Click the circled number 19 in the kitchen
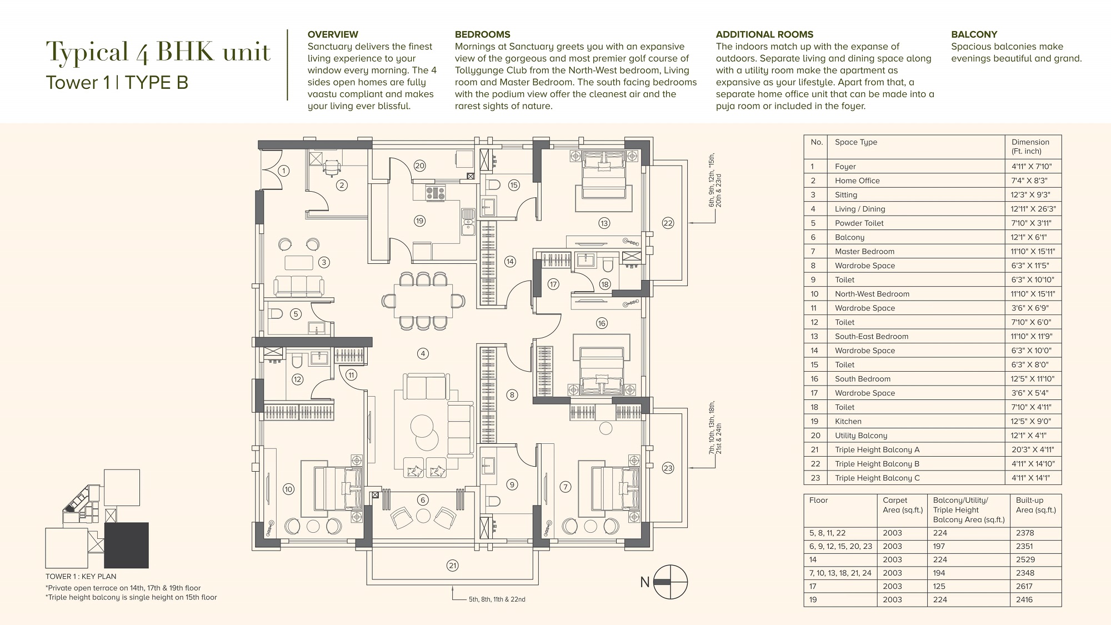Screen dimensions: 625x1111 pyautogui.click(x=419, y=221)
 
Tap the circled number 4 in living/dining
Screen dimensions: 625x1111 pyautogui.click(x=423, y=353)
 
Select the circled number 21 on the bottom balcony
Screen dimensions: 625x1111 pyautogui.click(x=453, y=566)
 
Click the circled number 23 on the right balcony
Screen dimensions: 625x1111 pyautogui.click(x=668, y=468)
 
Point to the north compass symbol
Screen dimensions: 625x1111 pyautogui.click(x=670, y=582)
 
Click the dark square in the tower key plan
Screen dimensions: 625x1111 pyautogui.click(x=126, y=545)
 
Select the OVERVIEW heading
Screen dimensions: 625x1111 pyautogui.click(x=333, y=34)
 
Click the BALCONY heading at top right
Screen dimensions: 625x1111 pyautogui.click(x=974, y=34)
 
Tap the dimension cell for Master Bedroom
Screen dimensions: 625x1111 pyautogui.click(x=1033, y=252)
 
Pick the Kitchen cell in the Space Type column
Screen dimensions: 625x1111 pyautogui.click(x=848, y=422)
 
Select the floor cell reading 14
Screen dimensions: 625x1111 pyautogui.click(x=813, y=559)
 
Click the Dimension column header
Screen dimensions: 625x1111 pyautogui.click(x=1030, y=146)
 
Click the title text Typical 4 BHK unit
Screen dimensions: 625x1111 pyautogui.click(x=158, y=52)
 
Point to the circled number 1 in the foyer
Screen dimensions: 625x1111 pyautogui.click(x=284, y=171)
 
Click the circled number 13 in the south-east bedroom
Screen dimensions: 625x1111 pyautogui.click(x=604, y=223)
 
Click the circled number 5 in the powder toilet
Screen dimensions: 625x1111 pyautogui.click(x=296, y=314)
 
